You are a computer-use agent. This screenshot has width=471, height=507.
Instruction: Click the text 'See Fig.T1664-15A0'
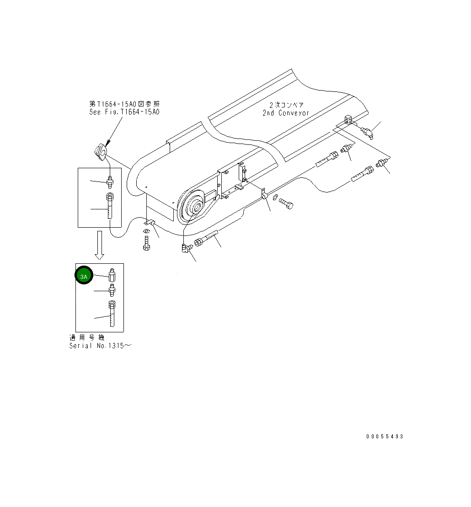click(124, 112)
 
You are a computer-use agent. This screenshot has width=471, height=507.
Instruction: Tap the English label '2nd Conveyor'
click(286, 113)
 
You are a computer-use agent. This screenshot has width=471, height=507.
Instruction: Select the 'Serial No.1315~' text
click(100, 346)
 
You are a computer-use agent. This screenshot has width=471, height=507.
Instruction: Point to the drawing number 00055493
click(385, 437)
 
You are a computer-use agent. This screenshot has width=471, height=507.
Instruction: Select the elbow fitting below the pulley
click(186, 248)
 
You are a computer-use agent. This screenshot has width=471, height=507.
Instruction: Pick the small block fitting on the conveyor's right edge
click(349, 120)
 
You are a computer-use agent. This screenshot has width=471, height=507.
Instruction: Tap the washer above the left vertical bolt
click(146, 231)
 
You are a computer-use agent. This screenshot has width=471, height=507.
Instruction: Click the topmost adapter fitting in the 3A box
click(111, 276)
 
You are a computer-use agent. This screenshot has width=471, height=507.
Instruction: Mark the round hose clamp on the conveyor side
click(264, 196)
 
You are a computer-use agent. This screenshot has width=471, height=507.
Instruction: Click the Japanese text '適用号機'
click(87, 337)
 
